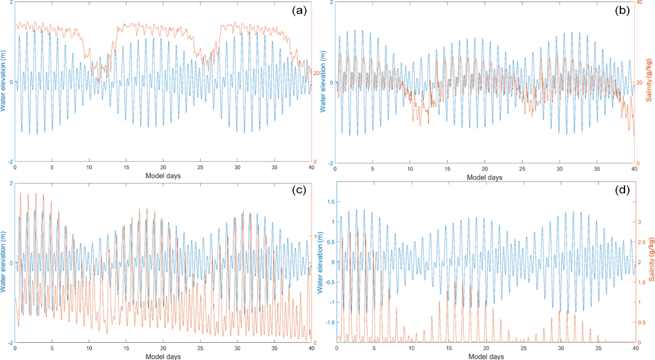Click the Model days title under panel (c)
click(x=163, y=356)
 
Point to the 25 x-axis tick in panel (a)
click(x=200, y=167)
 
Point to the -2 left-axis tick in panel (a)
click(x=9, y=162)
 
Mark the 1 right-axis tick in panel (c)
click(x=314, y=236)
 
